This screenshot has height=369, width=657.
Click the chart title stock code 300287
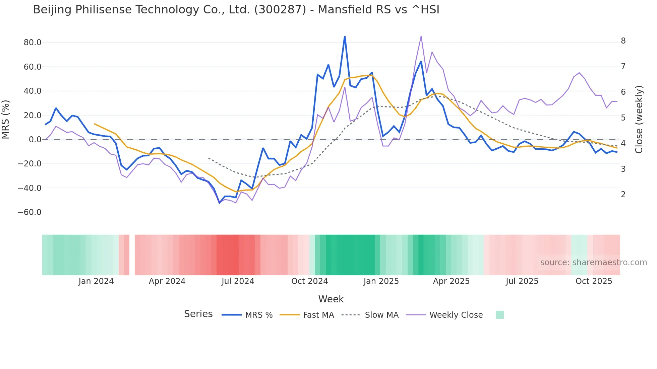280,10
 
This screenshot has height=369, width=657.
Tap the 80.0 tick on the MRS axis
33,43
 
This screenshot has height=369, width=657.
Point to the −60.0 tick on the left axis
29,212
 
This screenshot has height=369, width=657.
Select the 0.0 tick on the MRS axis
35,140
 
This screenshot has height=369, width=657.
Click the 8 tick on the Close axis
623,41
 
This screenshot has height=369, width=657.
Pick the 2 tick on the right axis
623,195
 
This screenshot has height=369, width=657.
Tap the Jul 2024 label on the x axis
238,281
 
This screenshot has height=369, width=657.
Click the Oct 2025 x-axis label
594,281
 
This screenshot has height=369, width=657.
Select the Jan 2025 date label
381,281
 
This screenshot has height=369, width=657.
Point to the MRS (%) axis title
6,120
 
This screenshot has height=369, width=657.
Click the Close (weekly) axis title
639,120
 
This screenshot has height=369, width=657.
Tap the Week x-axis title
331,299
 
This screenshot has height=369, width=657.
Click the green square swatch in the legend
499,315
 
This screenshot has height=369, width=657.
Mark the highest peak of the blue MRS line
345,36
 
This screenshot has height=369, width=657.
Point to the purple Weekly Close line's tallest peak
421,36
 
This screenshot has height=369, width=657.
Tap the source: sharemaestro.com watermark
593,263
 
